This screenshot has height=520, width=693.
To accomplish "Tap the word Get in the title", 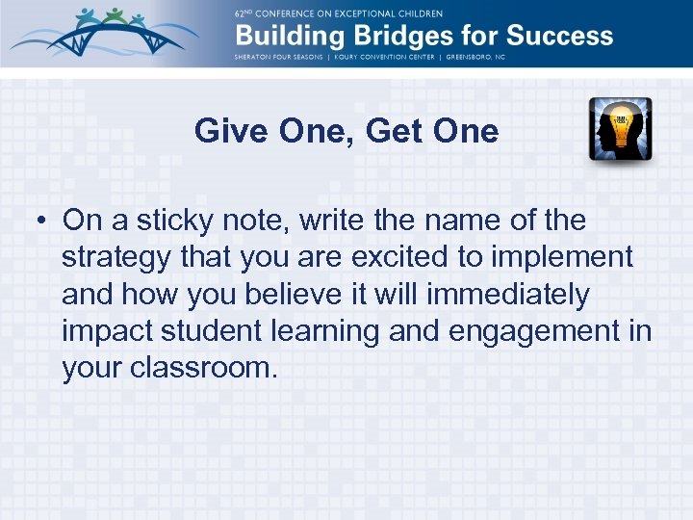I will click(x=399, y=130).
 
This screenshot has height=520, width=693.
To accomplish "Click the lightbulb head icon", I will click(x=620, y=129).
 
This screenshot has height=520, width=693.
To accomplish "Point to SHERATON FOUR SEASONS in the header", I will click(x=279, y=57).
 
